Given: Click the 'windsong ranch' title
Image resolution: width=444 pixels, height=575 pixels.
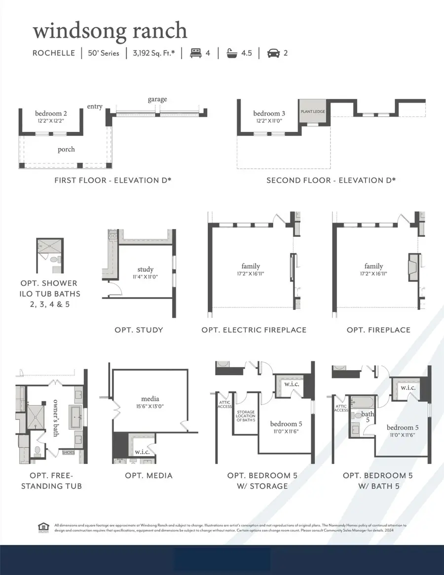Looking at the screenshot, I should point(110,31).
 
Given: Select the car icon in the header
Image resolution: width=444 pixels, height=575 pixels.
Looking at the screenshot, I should point(273,53).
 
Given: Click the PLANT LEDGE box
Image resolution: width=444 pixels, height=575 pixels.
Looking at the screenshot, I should point(313,112).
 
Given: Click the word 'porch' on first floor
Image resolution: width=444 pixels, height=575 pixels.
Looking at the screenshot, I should point(66,149).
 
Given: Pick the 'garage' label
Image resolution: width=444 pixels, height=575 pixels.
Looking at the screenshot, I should point(157,99).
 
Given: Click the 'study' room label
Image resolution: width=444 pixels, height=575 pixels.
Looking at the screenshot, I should point(146,269).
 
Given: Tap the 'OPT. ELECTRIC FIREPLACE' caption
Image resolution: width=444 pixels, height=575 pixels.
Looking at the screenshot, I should point(254,330).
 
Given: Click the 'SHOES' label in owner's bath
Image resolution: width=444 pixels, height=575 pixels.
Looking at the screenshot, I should point(68,452).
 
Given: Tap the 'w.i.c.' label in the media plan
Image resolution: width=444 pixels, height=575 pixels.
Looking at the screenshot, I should point(142,452).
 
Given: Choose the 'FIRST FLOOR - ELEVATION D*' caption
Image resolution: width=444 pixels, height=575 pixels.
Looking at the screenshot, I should point(113,181).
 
